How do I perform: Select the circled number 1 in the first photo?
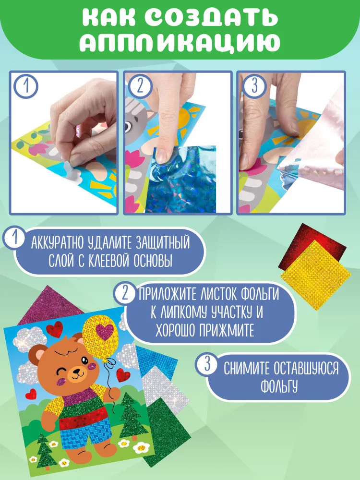[x=26, y=86]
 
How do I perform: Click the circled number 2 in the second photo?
[x=140, y=86]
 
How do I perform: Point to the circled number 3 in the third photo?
[x=254, y=86]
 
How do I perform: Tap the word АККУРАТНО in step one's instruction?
[x=58, y=243]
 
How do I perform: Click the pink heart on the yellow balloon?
[x=104, y=331]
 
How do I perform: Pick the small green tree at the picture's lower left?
[x=45, y=451]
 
